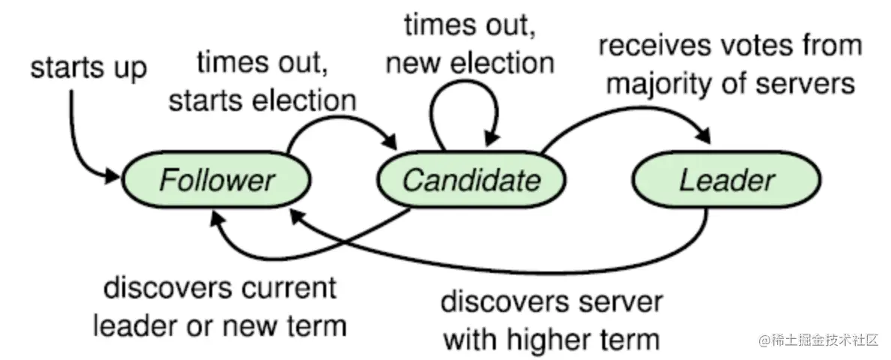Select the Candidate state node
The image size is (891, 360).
point(471,181)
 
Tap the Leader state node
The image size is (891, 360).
point(726,181)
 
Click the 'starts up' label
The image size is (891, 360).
point(88,68)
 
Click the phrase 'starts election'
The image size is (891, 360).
point(262,100)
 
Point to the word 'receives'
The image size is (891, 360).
point(652,46)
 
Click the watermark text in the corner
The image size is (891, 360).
point(817,340)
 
